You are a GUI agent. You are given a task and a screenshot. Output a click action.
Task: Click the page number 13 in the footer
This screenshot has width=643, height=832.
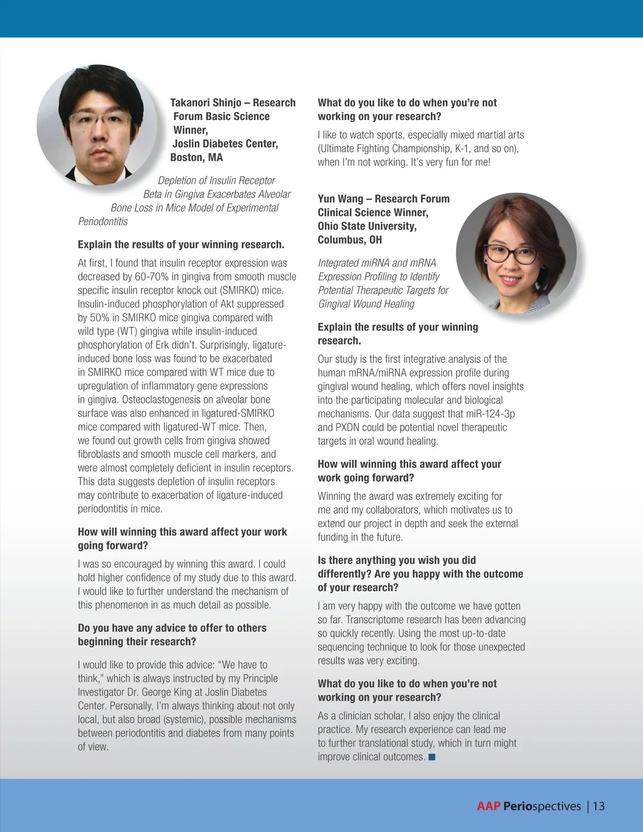tap(599, 806)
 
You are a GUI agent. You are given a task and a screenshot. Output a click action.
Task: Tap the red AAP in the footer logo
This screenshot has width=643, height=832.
tap(488, 806)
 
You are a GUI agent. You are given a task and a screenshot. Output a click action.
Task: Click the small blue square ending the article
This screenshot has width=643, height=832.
tap(432, 757)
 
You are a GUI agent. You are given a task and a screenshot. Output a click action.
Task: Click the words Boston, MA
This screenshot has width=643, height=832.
tap(196, 158)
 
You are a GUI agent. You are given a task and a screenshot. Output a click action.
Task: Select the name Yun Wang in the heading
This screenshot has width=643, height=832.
tap(340, 199)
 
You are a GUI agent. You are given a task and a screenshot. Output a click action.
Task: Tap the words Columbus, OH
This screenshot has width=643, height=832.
tap(349, 240)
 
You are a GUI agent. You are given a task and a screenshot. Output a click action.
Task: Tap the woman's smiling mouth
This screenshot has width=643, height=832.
tap(510, 280)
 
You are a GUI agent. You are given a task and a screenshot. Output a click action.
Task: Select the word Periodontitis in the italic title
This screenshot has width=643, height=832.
tap(103, 222)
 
